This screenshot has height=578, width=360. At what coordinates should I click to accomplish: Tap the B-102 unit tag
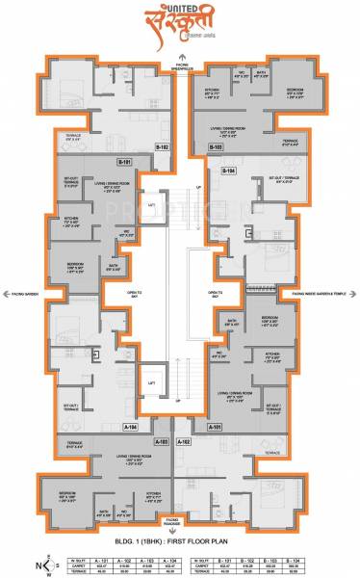tap(163, 145)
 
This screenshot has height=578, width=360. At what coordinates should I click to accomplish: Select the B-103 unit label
tap(217, 145)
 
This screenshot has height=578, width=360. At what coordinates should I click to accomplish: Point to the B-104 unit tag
tap(229, 170)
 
